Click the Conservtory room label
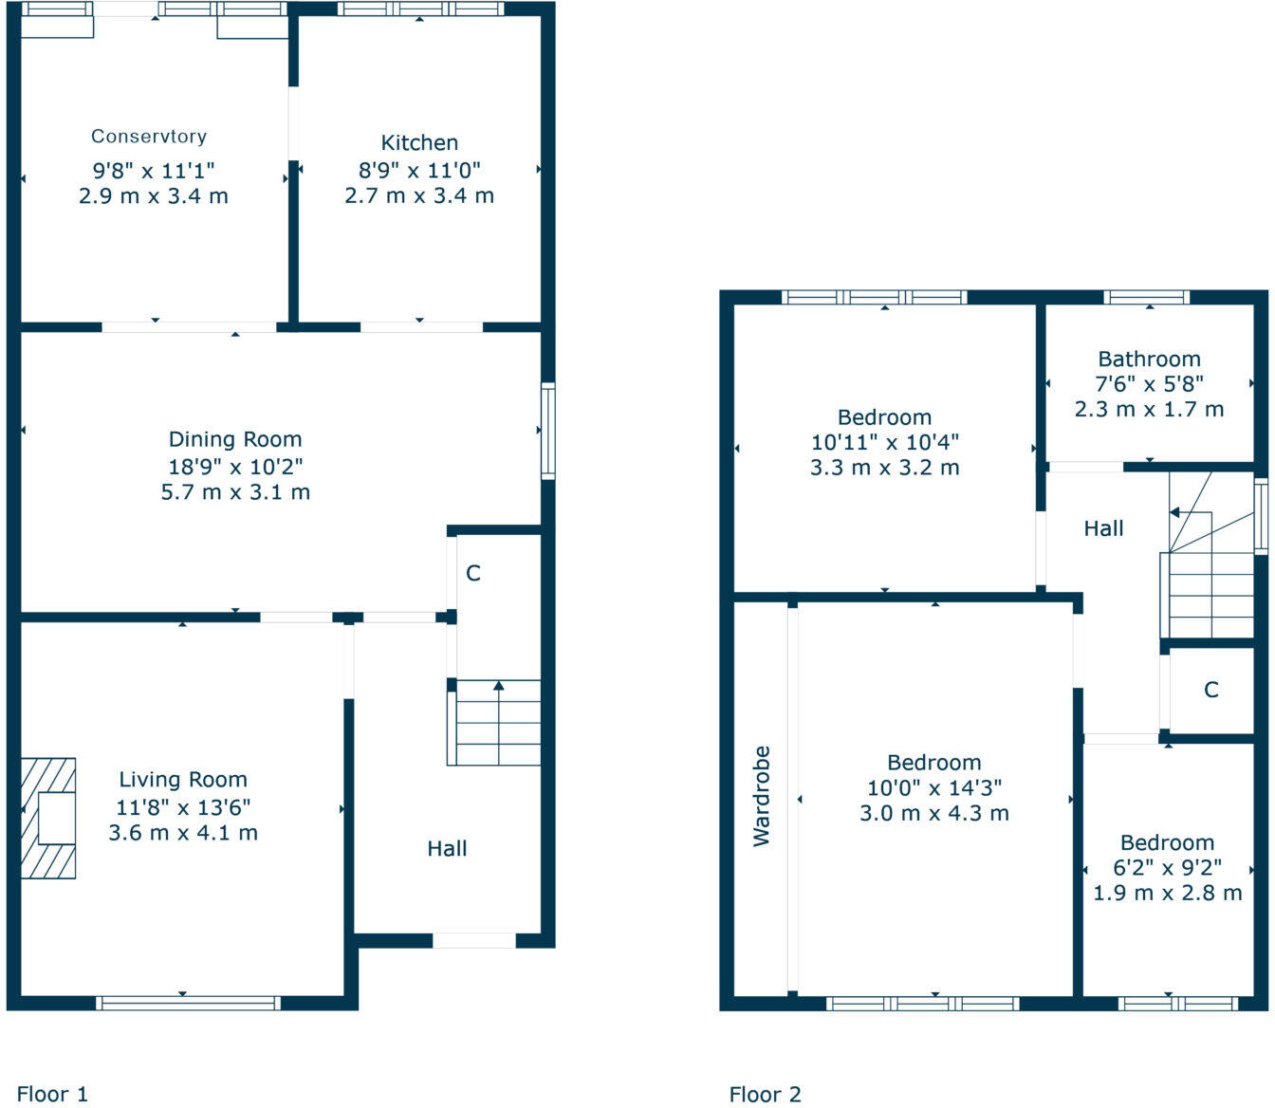coord(149,137)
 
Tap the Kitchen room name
coord(419,143)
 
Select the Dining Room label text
coord(235,439)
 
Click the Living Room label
coord(183,780)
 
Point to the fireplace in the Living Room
coord(48,818)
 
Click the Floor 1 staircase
coord(498,723)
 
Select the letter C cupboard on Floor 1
coord(473,574)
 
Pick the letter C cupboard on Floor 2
coord(1211,690)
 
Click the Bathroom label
coord(1149,360)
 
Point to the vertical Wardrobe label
coord(762,796)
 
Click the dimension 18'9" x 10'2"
coord(235,466)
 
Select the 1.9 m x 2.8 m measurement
coord(1167,894)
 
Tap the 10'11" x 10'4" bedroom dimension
coord(884,442)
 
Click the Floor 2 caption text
coord(765,1095)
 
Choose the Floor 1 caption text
coord(52,1095)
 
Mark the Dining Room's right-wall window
coord(548,431)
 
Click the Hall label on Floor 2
coord(1103,529)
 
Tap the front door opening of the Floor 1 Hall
coord(474,941)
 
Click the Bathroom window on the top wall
coord(1146,297)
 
